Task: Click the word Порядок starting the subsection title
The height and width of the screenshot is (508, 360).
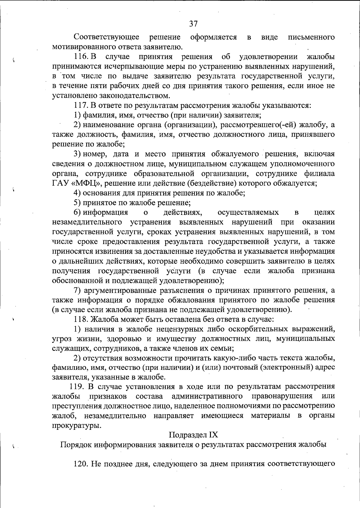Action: (x=76, y=444)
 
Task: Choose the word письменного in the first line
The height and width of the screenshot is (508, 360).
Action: (x=311, y=37)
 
